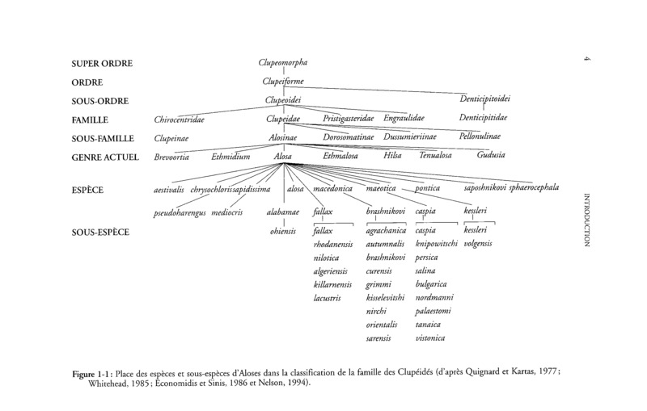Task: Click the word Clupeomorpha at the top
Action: [282, 62]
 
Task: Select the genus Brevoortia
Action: [173, 156]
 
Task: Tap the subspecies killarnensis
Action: [333, 286]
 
